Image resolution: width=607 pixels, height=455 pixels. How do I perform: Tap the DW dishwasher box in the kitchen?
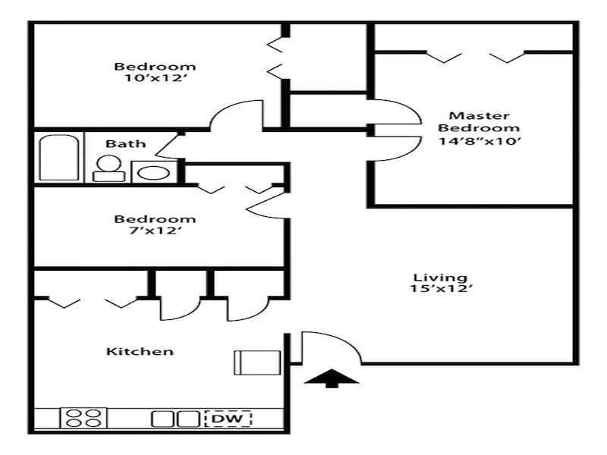pyautogui.click(x=228, y=418)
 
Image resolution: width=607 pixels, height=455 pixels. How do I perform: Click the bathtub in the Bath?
pyautogui.click(x=58, y=158)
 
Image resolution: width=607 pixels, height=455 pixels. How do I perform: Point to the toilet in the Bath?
pyautogui.click(x=109, y=168)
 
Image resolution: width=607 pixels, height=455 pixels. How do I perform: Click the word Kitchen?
pyautogui.click(x=140, y=351)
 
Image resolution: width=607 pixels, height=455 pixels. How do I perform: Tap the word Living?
pyautogui.click(x=429, y=277)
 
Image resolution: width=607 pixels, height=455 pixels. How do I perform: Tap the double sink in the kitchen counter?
pyautogui.click(x=175, y=419)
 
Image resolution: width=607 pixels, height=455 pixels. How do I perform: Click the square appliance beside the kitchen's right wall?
pyautogui.click(x=249, y=362)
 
